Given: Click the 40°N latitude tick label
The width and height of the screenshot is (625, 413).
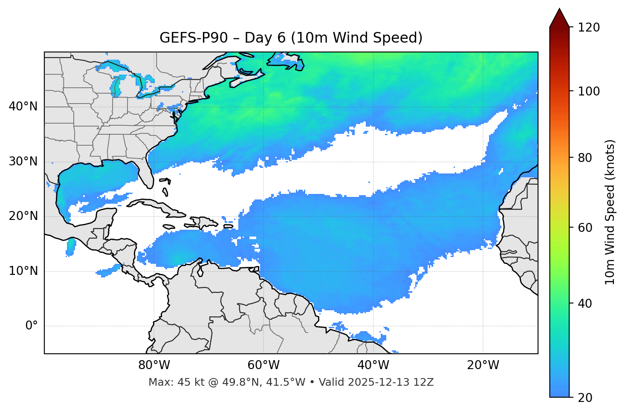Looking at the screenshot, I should click(x=23, y=107).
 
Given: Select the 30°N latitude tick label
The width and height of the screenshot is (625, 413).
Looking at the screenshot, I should click(x=23, y=162).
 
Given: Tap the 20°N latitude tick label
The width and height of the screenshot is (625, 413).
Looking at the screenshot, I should click(x=23, y=216).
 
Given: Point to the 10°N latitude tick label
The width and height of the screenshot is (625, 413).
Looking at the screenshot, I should click(x=23, y=271).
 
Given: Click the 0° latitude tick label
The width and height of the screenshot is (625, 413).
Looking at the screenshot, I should click(x=32, y=326).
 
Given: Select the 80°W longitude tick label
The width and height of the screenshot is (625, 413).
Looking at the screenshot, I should click(x=154, y=365).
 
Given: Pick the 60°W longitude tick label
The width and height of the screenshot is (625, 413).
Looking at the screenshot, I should click(x=263, y=365).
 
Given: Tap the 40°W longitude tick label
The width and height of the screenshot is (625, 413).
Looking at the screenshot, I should click(x=373, y=365).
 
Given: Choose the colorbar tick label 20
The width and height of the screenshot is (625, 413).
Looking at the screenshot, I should click(x=584, y=398).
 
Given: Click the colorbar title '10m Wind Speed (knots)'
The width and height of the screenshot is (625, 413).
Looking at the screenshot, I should click(x=610, y=212).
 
